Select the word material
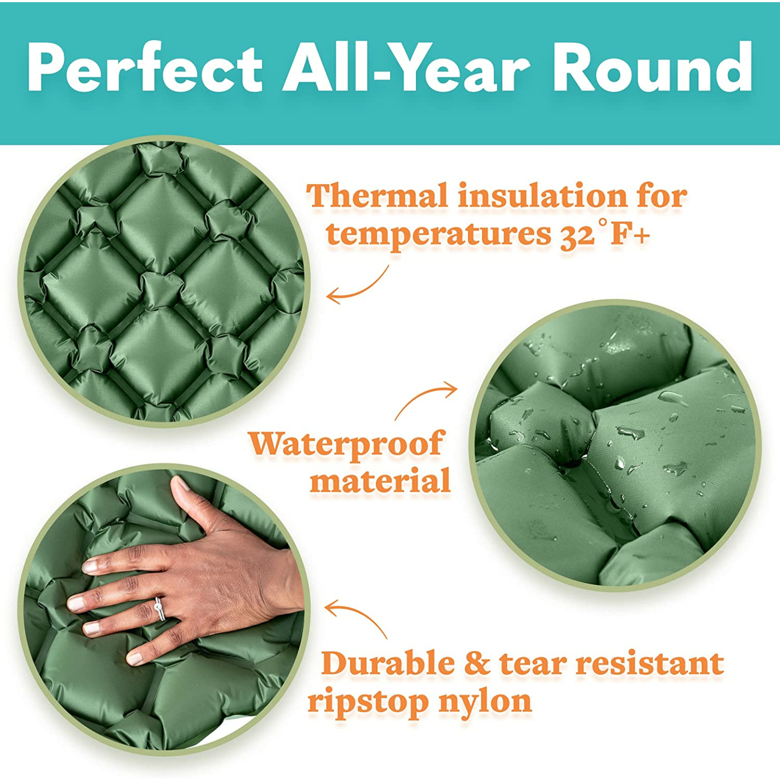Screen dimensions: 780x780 (x=380, y=481)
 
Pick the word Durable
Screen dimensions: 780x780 (x=388, y=664)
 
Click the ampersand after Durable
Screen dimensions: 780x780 (x=477, y=664)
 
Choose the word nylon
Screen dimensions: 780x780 (x=485, y=701)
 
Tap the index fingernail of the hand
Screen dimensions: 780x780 (x=89, y=567)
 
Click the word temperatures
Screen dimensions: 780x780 (x=439, y=235)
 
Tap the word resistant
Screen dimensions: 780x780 (x=650, y=664)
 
